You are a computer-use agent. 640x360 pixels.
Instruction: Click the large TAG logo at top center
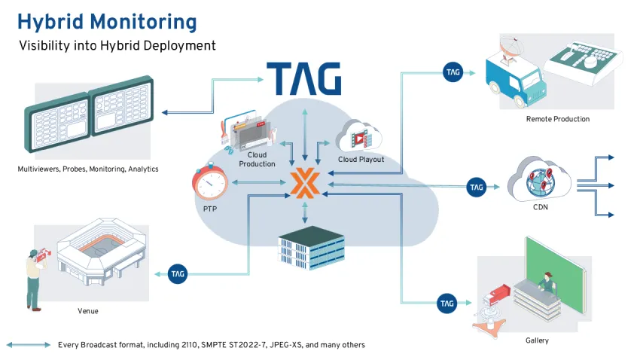pyautogui.click(x=303, y=79)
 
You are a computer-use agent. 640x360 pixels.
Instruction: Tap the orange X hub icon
pyautogui.click(x=304, y=183)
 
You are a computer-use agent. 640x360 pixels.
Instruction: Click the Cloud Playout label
pyautogui.click(x=361, y=160)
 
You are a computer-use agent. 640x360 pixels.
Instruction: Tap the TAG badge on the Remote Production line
pyautogui.click(x=453, y=72)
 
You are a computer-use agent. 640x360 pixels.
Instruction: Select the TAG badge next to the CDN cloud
pyautogui.click(x=476, y=186)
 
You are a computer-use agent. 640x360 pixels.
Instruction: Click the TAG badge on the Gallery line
pyautogui.click(x=447, y=304)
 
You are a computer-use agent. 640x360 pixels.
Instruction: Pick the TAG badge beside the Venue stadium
pyautogui.click(x=178, y=273)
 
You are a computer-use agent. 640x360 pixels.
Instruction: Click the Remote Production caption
pyautogui.click(x=558, y=119)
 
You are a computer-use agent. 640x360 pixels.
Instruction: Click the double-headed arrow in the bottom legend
pyautogui.click(x=29, y=345)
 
